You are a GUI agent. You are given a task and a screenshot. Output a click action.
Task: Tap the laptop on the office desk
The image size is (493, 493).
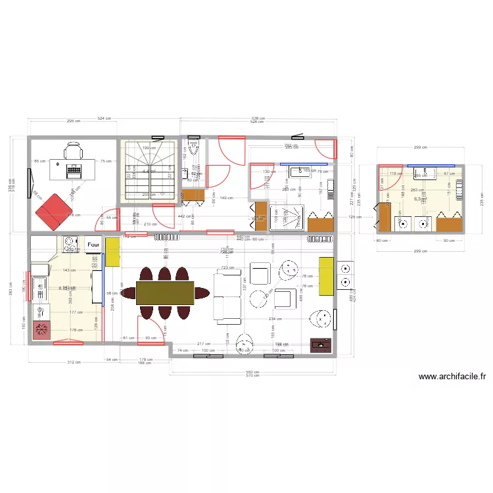73,169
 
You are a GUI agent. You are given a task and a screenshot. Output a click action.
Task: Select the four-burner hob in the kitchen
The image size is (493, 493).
70,245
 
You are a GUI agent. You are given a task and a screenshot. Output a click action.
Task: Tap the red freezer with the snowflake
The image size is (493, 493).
42,330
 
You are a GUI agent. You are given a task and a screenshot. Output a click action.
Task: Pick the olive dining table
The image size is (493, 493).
165,293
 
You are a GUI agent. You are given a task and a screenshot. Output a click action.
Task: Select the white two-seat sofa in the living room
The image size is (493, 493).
227,298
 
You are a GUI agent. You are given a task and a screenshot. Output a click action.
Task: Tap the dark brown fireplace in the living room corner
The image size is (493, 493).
320,343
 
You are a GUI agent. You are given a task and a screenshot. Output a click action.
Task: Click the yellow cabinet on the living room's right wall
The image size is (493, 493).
325,277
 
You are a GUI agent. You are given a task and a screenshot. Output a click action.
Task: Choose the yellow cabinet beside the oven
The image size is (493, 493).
112,252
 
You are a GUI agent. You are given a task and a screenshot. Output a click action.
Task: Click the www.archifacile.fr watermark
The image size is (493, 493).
452,377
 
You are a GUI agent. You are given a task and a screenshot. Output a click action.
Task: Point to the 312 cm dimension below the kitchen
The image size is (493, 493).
74,362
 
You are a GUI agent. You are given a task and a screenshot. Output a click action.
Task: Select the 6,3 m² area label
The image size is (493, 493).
419,199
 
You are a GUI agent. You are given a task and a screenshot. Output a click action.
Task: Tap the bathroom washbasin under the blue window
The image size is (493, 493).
300,172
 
